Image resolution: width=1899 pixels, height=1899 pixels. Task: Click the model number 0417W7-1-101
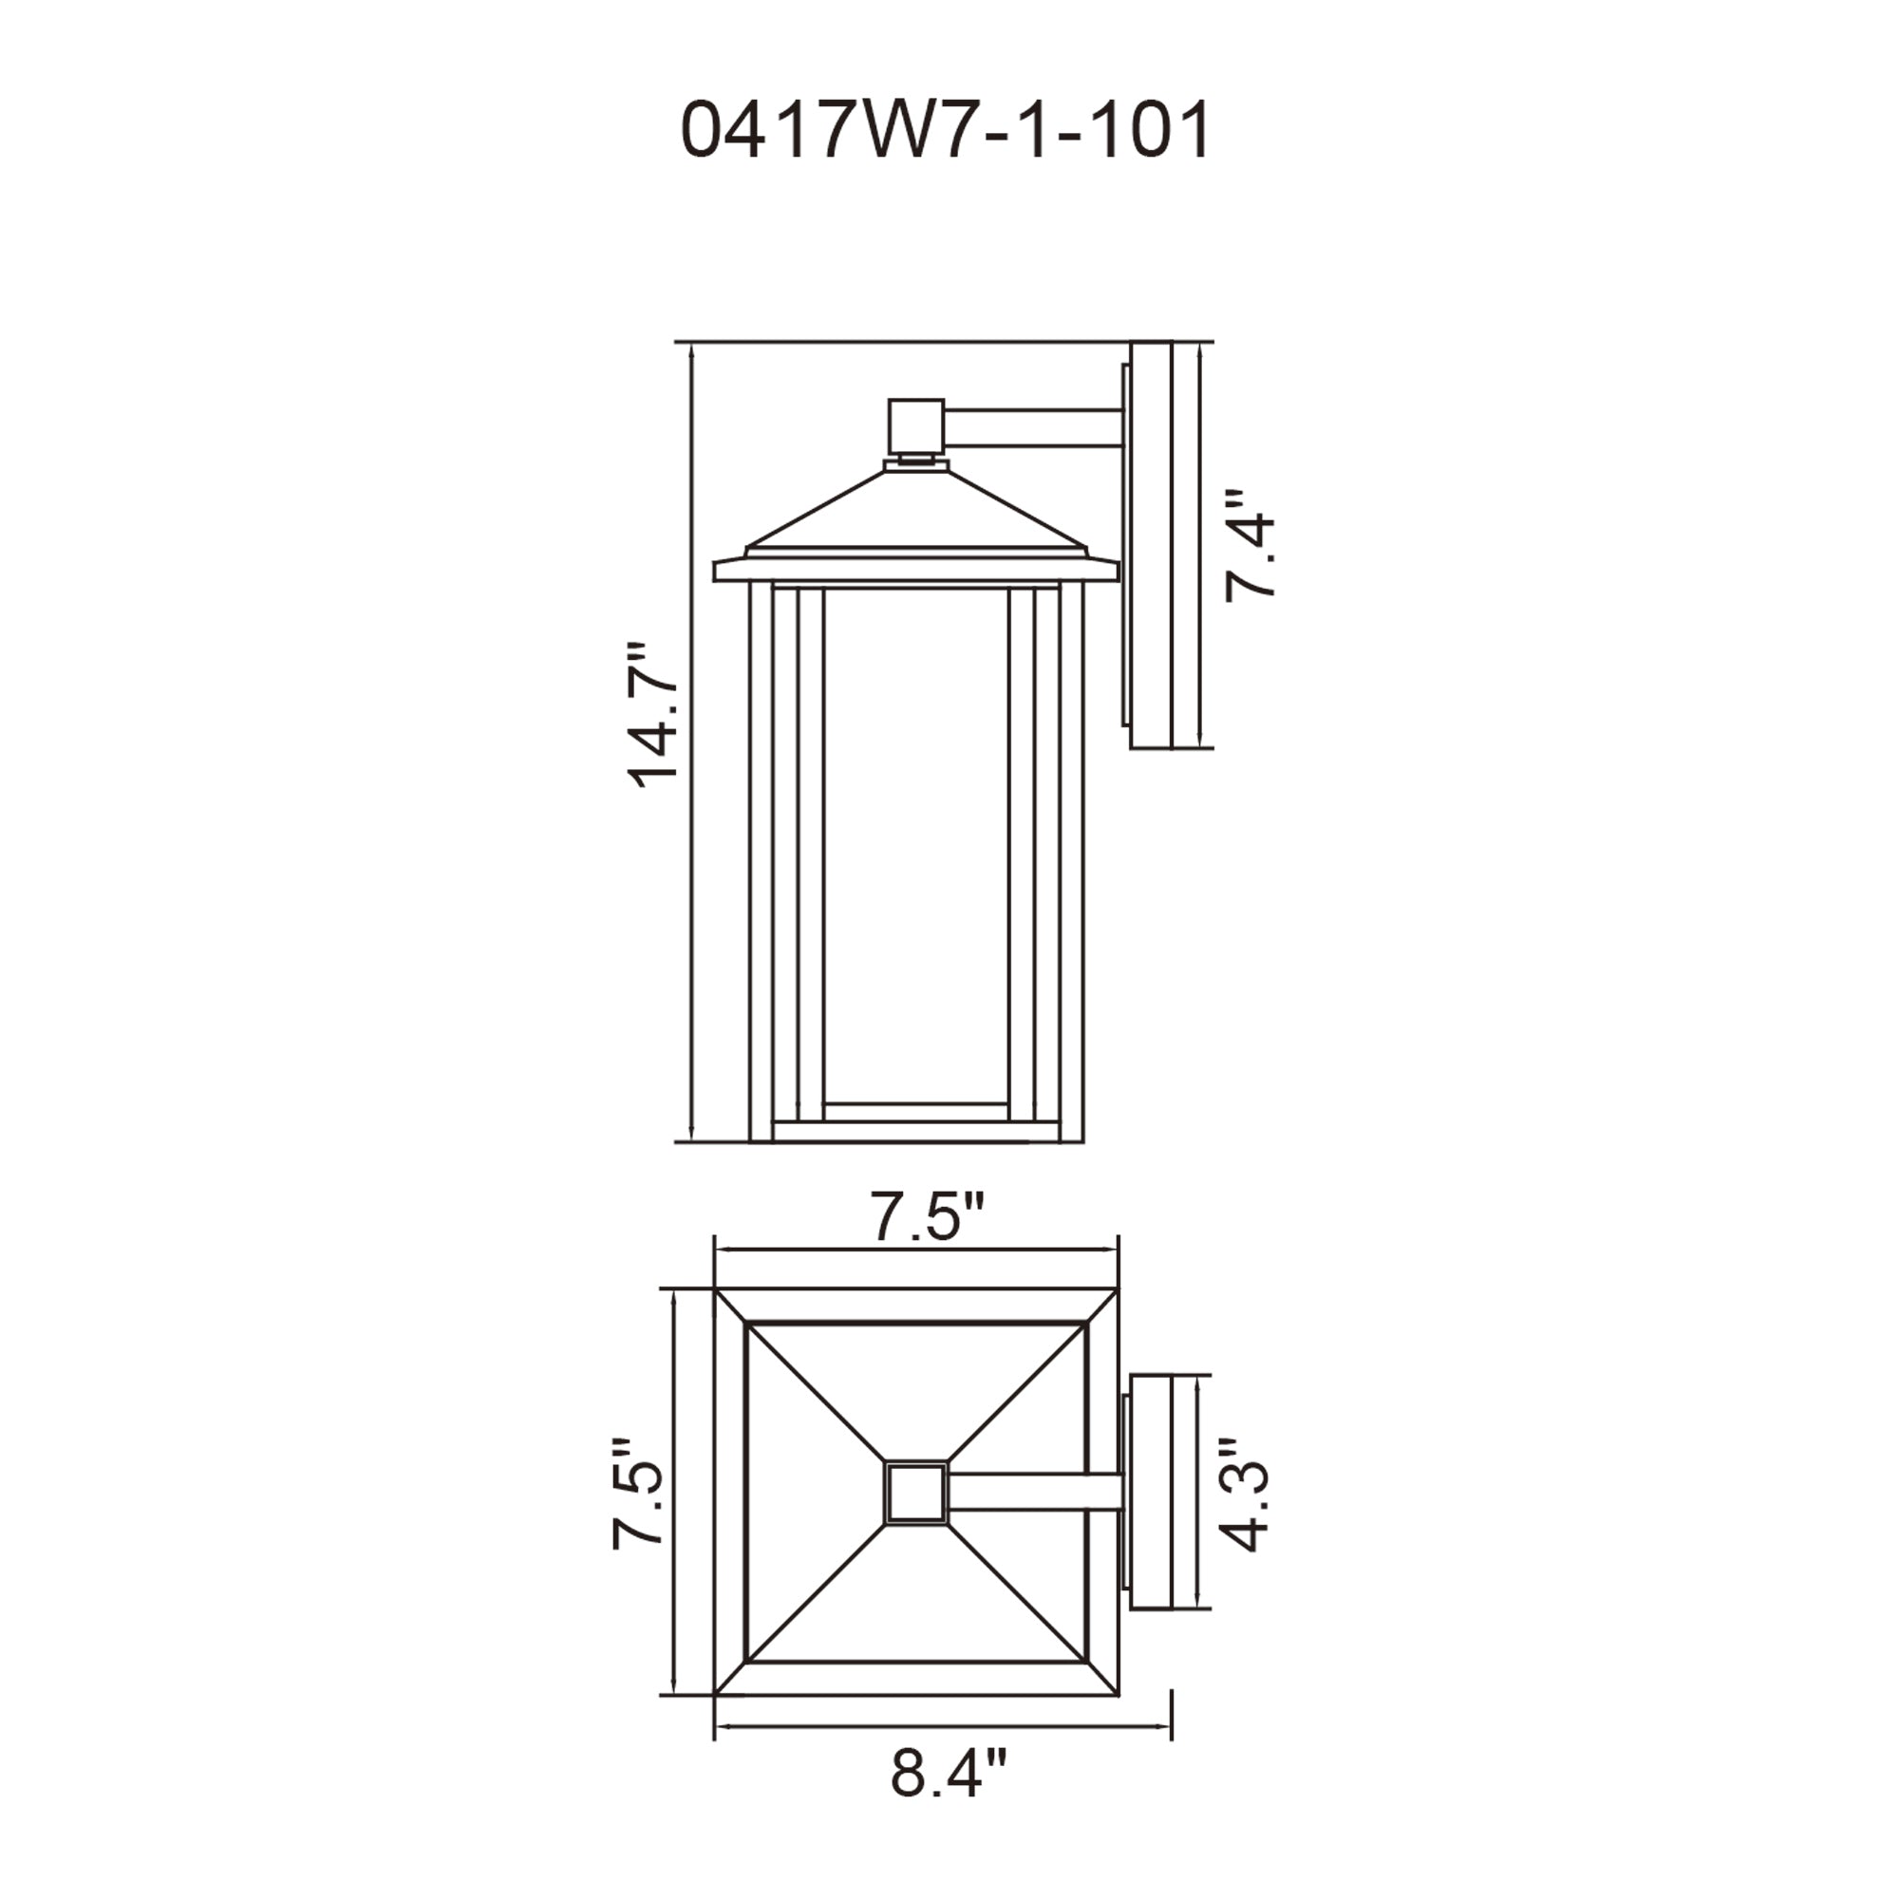(x=946, y=132)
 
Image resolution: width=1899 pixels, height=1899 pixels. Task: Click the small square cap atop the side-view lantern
(x=914, y=424)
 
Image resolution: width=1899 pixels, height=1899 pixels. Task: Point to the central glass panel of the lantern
(x=915, y=845)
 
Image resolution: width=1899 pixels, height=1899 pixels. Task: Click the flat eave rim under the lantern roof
(x=915, y=569)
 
